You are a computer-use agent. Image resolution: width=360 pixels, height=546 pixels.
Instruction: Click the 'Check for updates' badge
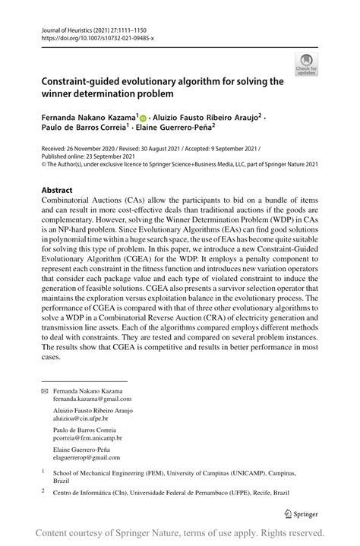(x=307, y=64)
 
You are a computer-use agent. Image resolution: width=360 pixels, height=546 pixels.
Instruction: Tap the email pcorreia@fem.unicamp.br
(x=87, y=438)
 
